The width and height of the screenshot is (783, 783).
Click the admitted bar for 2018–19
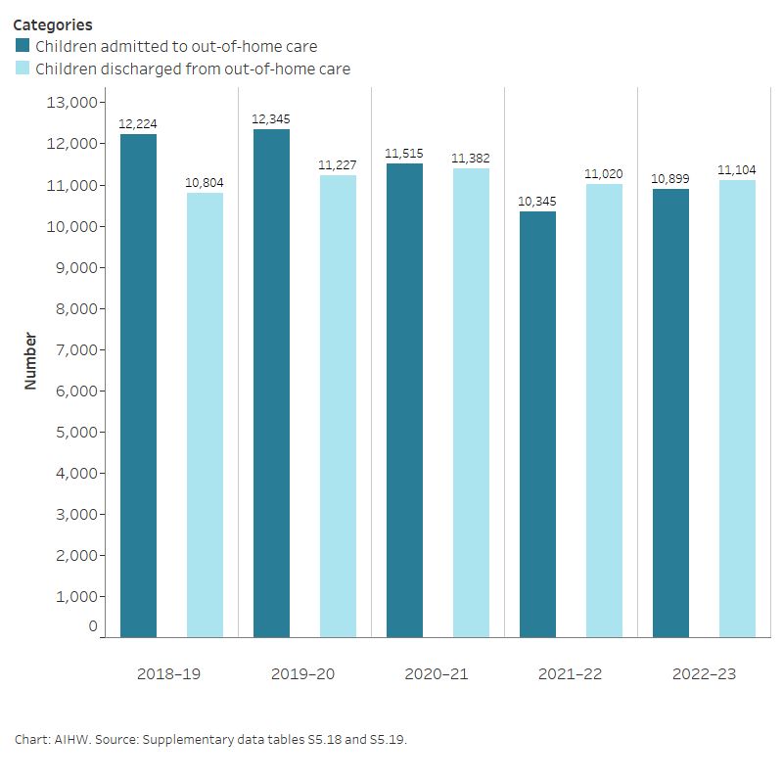point(138,386)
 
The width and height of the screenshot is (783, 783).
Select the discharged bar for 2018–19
point(205,415)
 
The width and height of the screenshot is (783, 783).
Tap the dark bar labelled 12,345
point(271,383)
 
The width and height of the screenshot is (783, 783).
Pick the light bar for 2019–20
point(338,406)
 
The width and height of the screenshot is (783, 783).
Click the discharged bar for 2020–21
point(471,402)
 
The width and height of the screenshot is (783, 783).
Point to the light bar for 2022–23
point(737,408)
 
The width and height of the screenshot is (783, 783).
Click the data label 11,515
point(404,154)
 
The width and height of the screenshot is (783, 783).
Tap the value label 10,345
point(537,202)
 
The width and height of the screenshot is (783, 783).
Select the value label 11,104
point(737,170)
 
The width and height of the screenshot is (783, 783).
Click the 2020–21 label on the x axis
point(438,674)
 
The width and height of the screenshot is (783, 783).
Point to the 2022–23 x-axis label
point(704,674)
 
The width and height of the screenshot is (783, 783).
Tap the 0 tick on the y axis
point(93,627)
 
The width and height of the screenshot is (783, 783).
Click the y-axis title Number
point(30,361)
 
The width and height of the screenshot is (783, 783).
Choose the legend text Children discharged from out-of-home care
point(193,69)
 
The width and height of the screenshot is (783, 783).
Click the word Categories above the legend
point(53,24)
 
